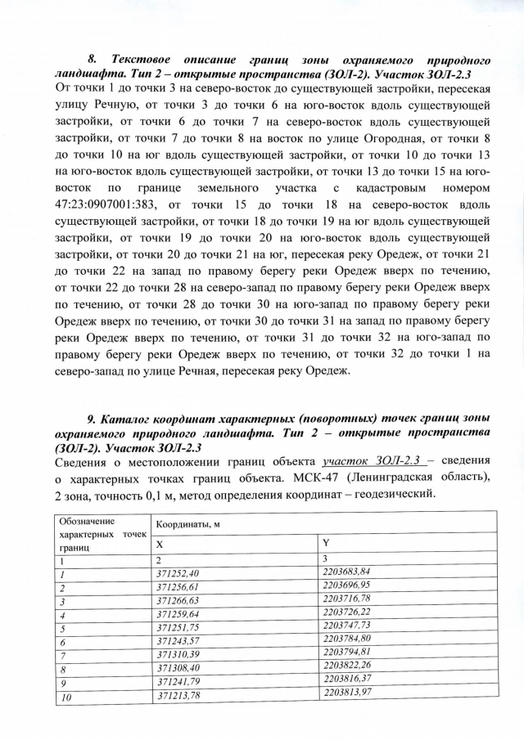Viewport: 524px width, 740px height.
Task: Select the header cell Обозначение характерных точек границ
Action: pyautogui.click(x=98, y=531)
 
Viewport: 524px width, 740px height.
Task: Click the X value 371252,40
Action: pyautogui.click(x=177, y=573)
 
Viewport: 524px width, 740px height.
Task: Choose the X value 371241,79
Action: pyautogui.click(x=177, y=681)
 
